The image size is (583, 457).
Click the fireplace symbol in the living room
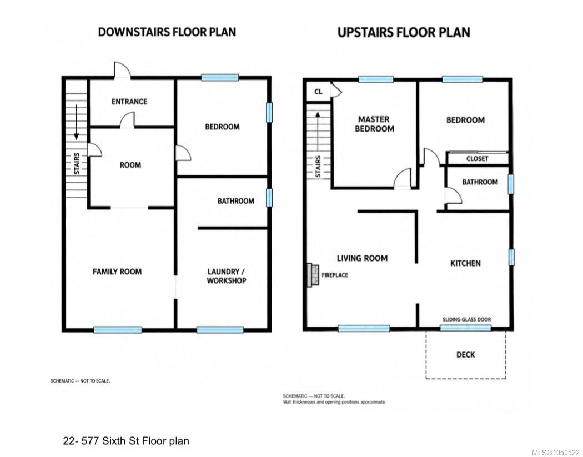click(x=312, y=275)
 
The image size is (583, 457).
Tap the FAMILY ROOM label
click(x=117, y=272)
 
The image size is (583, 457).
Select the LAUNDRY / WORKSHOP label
click(x=227, y=276)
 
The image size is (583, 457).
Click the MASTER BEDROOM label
click(x=374, y=124)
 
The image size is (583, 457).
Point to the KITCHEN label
click(x=465, y=263)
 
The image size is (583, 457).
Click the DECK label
click(x=465, y=355)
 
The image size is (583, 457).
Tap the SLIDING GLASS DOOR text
click(x=466, y=319)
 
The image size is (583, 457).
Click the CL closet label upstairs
click(x=318, y=92)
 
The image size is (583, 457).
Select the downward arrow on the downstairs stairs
click(x=76, y=122)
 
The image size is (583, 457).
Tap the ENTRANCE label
click(x=129, y=102)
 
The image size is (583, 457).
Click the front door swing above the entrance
click(x=122, y=70)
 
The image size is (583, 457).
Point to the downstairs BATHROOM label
click(x=236, y=201)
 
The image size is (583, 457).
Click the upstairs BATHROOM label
click(x=480, y=182)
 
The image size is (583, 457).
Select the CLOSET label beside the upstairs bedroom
click(x=478, y=159)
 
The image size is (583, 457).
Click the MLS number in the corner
click(x=556, y=452)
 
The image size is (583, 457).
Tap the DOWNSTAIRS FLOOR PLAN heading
click(x=167, y=32)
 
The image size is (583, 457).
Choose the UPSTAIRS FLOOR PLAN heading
click(x=404, y=32)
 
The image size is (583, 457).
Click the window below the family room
click(x=118, y=330)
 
